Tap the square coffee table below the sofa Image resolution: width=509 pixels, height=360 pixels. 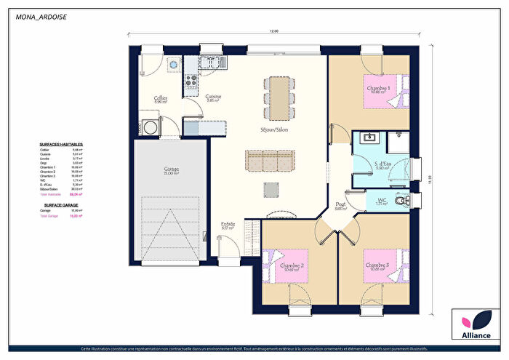tap(270, 189)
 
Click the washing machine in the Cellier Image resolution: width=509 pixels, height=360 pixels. tap(151, 125)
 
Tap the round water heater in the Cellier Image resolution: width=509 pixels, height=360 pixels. tap(174, 64)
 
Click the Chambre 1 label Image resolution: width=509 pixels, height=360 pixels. tap(379, 89)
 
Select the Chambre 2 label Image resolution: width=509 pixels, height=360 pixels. tap(292, 267)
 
